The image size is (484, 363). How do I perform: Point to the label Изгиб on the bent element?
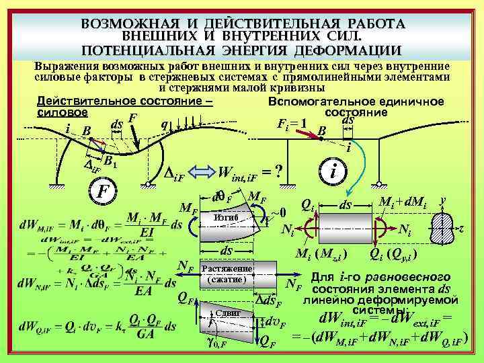[225, 218]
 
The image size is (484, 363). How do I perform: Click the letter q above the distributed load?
[164, 124]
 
